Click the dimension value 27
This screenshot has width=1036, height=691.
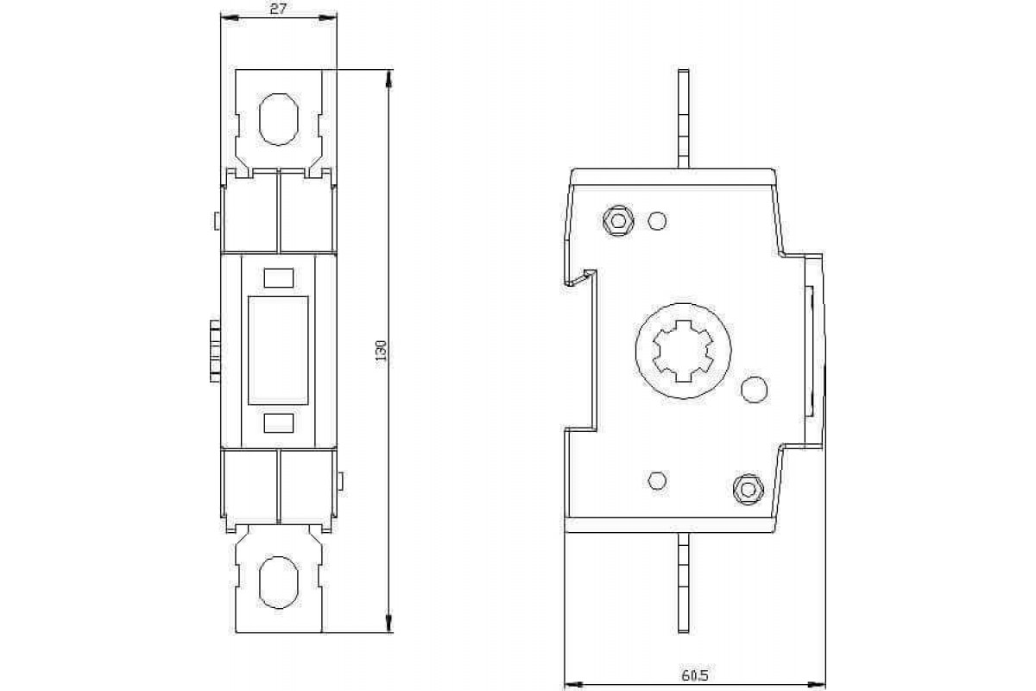(278, 10)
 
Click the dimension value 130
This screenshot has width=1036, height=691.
(381, 350)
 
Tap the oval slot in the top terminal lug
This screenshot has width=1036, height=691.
(278, 118)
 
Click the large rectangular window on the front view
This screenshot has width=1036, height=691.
(278, 350)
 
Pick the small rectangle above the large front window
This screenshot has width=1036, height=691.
(278, 277)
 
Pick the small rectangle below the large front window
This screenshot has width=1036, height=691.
(278, 422)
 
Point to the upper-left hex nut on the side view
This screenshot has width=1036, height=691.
(616, 220)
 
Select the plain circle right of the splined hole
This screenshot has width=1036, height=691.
(754, 390)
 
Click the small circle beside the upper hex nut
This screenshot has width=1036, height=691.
(656, 221)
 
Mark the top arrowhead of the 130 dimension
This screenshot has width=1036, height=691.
(390, 79)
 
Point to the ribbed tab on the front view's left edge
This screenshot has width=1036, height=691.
(212, 350)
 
